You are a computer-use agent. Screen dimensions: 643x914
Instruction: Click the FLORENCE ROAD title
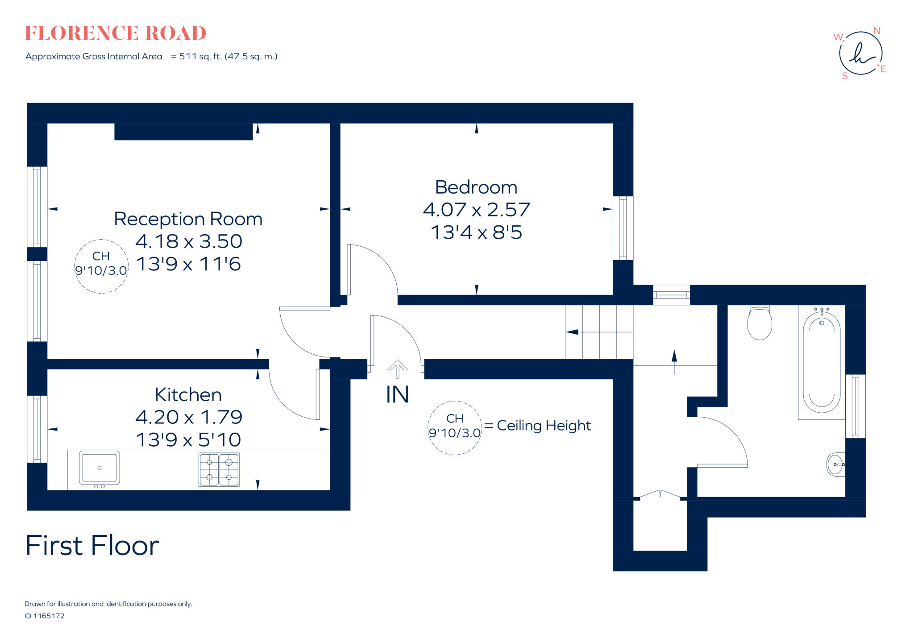coord(116,33)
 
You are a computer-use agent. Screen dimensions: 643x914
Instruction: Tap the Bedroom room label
coord(476,187)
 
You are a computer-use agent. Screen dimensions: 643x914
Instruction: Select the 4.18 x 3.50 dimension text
coord(188,241)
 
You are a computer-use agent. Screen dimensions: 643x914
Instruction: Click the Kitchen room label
coord(188,394)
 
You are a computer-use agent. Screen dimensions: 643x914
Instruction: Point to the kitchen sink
coord(99,468)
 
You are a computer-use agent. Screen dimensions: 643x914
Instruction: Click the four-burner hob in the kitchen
coord(219,469)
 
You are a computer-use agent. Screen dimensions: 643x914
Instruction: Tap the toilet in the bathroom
coord(760,323)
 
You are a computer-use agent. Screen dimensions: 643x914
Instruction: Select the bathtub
coord(822,362)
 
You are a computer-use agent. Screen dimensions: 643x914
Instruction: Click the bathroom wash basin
coord(836,465)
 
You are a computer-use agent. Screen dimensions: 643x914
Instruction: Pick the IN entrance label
coord(397,395)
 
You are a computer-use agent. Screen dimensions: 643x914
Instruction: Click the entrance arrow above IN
coord(397,369)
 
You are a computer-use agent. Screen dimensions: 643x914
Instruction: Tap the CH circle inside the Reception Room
coord(101,266)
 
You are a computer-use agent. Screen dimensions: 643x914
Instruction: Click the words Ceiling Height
coord(544,425)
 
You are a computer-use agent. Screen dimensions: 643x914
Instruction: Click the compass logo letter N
coord(877,31)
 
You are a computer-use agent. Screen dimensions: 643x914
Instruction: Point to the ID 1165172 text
coord(45,616)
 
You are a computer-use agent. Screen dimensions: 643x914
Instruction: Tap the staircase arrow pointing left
coord(573,332)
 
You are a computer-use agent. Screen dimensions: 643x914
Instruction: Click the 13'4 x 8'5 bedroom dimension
coord(476,232)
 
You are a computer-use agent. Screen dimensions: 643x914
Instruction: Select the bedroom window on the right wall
coord(623,228)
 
